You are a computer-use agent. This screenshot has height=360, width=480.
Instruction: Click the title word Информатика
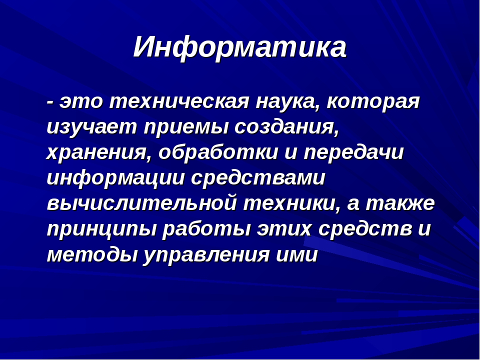pyautogui.click(x=240, y=48)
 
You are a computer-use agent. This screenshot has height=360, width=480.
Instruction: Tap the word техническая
pyautogui.click(x=179, y=101)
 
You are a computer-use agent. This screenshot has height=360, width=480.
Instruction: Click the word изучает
pyautogui.click(x=92, y=127)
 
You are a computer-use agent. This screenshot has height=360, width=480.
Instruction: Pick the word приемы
pyautogui.click(x=186, y=127)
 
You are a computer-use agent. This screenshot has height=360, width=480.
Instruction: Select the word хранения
pyautogui.click(x=99, y=153)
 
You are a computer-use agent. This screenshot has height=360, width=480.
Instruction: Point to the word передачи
pyautogui.click(x=354, y=152)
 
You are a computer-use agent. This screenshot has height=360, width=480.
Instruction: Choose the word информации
pyautogui.click(x=116, y=177)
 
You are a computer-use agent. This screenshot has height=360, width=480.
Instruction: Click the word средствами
pyautogui.click(x=258, y=177)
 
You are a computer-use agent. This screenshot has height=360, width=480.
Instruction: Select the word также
pyautogui.click(x=400, y=203)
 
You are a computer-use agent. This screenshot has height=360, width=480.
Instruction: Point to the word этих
pyautogui.click(x=284, y=229)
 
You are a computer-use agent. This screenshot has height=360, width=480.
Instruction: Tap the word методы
pyautogui.click(x=92, y=254)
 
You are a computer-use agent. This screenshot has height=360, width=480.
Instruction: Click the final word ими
pyautogui.click(x=297, y=254)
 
